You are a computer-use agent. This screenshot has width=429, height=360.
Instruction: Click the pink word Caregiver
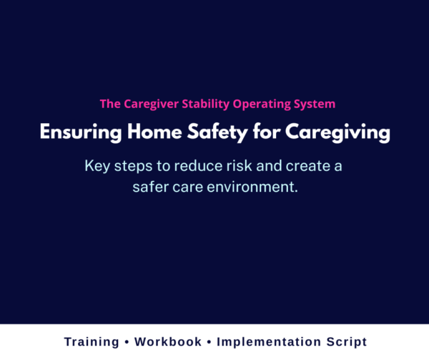coord(149,104)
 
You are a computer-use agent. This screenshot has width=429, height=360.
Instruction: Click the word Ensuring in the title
coord(73,133)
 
